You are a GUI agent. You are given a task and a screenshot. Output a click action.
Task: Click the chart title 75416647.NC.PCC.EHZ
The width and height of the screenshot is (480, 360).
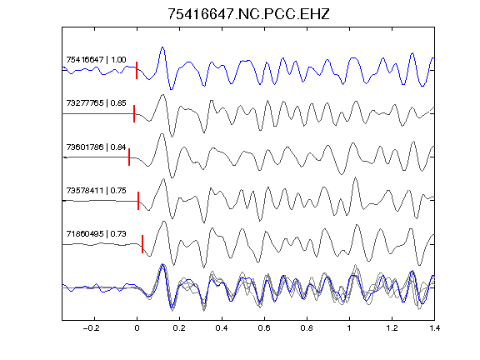(x=248, y=14)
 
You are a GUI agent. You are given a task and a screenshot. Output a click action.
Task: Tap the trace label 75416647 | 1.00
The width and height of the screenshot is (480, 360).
(x=96, y=59)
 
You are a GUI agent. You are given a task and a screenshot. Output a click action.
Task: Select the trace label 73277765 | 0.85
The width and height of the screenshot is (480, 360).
(x=96, y=102)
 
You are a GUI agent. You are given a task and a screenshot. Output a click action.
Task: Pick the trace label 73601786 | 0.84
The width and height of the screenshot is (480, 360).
(x=96, y=147)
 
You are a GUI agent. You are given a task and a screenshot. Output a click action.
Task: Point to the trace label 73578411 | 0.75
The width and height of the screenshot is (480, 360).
(x=96, y=190)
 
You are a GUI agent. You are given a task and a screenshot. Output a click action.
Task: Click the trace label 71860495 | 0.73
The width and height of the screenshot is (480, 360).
(x=96, y=234)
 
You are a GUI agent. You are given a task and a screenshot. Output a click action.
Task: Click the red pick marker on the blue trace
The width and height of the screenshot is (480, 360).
(x=137, y=70)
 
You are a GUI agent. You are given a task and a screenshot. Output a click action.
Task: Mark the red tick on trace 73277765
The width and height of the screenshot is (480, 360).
(x=134, y=113)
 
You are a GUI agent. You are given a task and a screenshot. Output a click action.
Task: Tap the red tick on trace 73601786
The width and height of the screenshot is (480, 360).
(x=129, y=157)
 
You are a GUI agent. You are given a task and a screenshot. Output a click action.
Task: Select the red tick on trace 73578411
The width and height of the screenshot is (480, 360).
(x=138, y=201)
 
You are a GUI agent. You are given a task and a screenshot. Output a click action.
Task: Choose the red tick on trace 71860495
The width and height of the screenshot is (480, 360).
(x=142, y=244)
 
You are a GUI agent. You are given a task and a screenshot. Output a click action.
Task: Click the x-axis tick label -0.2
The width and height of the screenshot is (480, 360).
(x=92, y=328)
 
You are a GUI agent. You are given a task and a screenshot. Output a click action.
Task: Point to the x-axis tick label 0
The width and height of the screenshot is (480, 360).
(x=137, y=328)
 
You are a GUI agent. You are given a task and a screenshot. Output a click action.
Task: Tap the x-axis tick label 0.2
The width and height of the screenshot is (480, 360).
(x=179, y=328)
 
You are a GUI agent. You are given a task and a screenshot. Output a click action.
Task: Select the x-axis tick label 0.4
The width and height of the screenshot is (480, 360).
(x=222, y=328)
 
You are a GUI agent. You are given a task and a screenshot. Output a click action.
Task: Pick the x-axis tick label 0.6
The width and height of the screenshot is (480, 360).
(x=264, y=328)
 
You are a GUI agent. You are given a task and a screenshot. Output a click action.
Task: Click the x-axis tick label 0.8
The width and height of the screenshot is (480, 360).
(x=307, y=328)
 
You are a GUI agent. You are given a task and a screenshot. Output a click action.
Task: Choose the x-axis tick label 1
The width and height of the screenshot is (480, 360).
(x=349, y=328)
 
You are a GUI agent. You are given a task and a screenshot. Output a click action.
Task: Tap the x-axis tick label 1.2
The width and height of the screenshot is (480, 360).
(x=392, y=328)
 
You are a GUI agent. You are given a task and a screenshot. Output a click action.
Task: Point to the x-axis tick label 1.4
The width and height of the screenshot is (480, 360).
(x=434, y=328)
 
